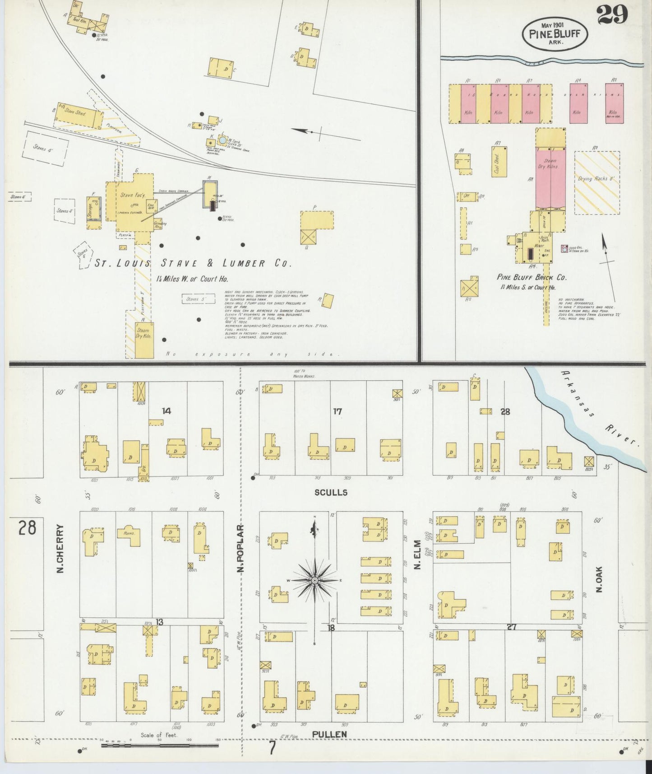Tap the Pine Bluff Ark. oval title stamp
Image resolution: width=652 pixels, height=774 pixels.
point(555,34)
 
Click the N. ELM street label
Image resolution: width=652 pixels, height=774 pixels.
point(417,555)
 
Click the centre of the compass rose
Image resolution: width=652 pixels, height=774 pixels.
point(315,579)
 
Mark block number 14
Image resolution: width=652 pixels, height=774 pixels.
point(166,410)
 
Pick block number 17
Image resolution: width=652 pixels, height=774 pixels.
point(337,411)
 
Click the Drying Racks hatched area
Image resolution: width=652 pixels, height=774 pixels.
point(597,182)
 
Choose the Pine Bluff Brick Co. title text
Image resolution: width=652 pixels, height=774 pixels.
point(532,277)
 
